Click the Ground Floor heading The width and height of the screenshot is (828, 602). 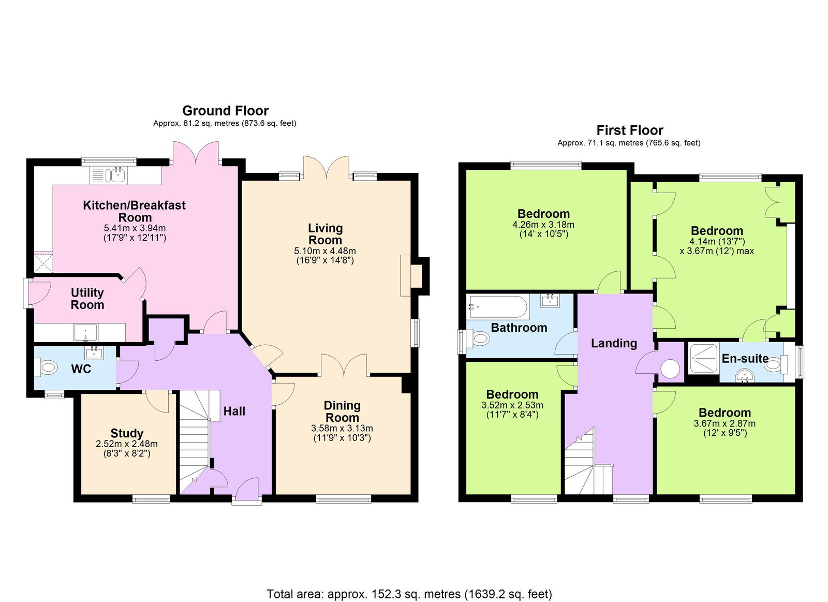[x=226, y=111]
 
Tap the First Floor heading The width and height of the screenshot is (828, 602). [x=630, y=130]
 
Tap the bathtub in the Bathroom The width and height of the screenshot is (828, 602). [x=497, y=307]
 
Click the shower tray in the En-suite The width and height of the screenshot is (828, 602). [x=704, y=358]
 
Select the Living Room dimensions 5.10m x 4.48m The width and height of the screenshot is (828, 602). [x=325, y=251]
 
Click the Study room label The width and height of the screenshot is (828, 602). [x=127, y=433]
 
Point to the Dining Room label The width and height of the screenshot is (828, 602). [x=342, y=412]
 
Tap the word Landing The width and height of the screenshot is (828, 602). [x=614, y=343]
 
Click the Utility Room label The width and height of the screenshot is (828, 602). [x=87, y=299]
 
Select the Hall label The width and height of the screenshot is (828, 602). [x=234, y=411]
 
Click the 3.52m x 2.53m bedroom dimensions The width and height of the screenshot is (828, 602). [x=512, y=405]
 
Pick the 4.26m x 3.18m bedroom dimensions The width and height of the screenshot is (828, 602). [x=543, y=225]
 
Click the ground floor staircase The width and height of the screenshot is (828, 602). [x=195, y=442]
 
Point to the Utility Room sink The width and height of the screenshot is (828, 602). [x=85, y=332]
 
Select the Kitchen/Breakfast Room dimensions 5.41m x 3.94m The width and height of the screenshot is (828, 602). [x=135, y=228]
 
